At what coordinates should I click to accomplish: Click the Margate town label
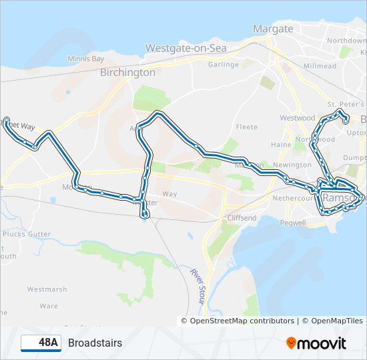[273, 29]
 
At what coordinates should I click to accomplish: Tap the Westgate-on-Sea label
[186, 49]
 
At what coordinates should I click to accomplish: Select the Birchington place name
[127, 72]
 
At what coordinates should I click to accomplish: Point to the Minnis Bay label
[86, 59]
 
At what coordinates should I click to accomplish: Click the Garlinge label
[223, 65]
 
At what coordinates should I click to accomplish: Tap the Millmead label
[320, 67]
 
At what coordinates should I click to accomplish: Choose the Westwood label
[298, 118]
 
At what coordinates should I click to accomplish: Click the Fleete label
[246, 127]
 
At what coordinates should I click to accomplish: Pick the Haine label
[280, 145]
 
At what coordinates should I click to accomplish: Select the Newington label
[292, 165]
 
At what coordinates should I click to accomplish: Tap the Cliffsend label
[242, 218]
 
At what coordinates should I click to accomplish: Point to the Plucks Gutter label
[27, 234]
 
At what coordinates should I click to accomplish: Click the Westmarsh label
[47, 289]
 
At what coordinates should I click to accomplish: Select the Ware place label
[49, 306]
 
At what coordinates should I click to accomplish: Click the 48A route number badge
[41, 343]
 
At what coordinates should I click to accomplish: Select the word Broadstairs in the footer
[95, 343]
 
